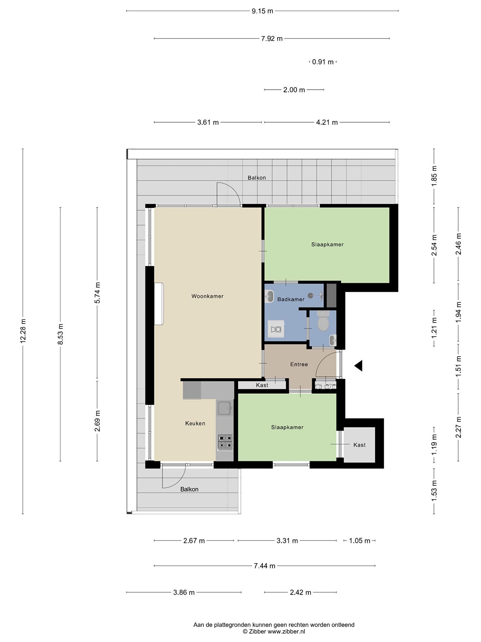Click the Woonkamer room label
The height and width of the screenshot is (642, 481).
tap(207, 296)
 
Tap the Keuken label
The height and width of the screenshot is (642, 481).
tap(195, 423)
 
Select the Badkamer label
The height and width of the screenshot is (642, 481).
tap(291, 299)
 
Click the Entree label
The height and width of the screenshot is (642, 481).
tap(299, 364)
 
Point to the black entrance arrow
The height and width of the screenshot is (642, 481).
tap(359, 366)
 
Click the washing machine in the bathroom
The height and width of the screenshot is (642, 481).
tap(276, 329)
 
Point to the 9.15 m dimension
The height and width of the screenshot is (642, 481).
tap(262, 11)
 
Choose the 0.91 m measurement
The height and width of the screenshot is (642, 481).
tap(323, 62)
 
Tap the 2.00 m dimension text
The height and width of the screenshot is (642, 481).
tap(294, 90)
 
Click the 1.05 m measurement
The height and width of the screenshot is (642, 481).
tap(360, 541)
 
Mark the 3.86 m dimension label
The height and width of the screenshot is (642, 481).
tap(184, 592)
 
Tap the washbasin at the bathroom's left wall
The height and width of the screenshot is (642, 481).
tap(269, 296)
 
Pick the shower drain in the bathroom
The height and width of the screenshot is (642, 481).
tap(310, 295)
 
